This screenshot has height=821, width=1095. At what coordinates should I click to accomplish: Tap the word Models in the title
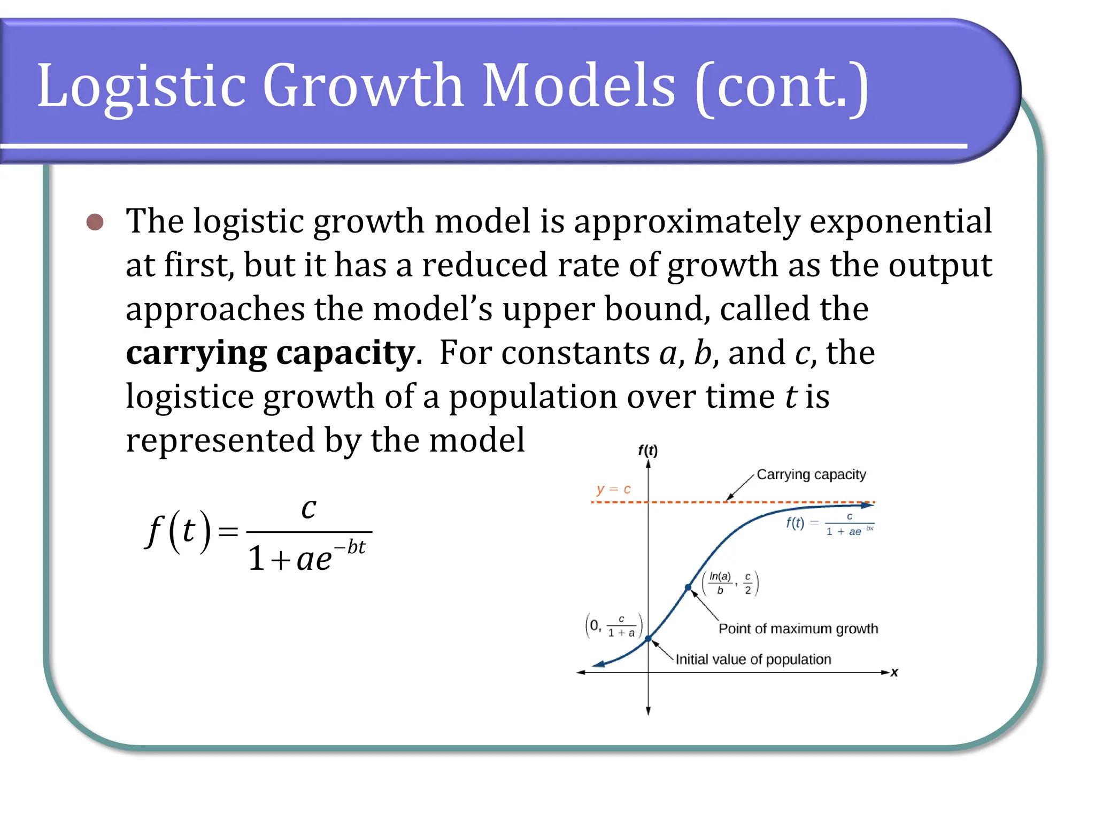[579, 86]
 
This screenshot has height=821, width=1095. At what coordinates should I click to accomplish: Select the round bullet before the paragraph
[95, 222]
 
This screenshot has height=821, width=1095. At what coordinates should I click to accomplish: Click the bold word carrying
[196, 353]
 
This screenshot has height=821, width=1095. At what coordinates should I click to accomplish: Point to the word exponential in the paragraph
[900, 221]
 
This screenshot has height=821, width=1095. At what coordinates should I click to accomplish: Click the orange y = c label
[613, 489]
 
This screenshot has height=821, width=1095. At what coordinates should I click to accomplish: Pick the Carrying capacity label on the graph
[811, 474]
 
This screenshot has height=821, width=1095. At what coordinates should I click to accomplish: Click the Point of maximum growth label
[798, 629]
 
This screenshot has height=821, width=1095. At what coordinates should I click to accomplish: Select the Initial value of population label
[753, 659]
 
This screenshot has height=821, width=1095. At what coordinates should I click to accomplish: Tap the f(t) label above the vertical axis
[647, 450]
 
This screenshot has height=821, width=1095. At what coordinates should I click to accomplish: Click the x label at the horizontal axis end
[894, 672]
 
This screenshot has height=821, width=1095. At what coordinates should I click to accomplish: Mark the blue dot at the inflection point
[688, 587]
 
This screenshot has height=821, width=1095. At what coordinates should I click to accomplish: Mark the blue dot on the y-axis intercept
[648, 639]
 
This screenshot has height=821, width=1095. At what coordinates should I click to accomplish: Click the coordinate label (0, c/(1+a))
[614, 625]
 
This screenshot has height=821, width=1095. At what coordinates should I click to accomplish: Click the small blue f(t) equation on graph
[829, 524]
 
